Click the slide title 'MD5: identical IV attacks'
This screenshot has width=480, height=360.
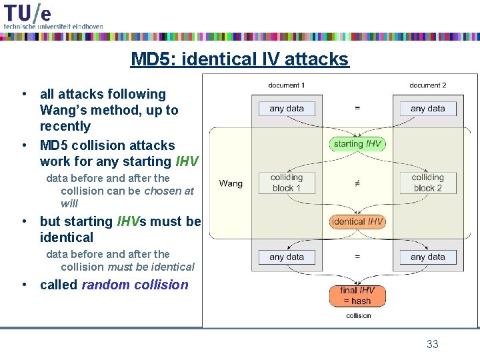(239, 59)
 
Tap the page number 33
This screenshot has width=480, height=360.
(433, 344)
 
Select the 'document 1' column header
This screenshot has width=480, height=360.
(287, 85)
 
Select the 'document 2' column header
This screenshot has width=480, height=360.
(427, 85)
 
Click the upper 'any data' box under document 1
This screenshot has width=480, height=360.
(287, 109)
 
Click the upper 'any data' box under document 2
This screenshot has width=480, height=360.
(427, 109)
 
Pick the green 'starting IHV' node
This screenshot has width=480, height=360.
(357, 144)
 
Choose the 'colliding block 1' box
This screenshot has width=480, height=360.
(287, 183)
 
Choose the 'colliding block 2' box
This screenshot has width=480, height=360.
(427, 183)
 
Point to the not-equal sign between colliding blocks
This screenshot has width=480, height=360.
(357, 183)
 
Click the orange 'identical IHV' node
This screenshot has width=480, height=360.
(357, 221)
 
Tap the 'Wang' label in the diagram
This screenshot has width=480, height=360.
(231, 183)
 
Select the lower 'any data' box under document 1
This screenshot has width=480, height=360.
(287, 257)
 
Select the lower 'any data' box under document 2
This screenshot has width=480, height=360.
(427, 257)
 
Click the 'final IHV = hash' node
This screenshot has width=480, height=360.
(357, 295)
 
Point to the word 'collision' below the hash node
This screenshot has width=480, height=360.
(359, 315)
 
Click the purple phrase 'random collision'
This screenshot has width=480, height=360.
(135, 285)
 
